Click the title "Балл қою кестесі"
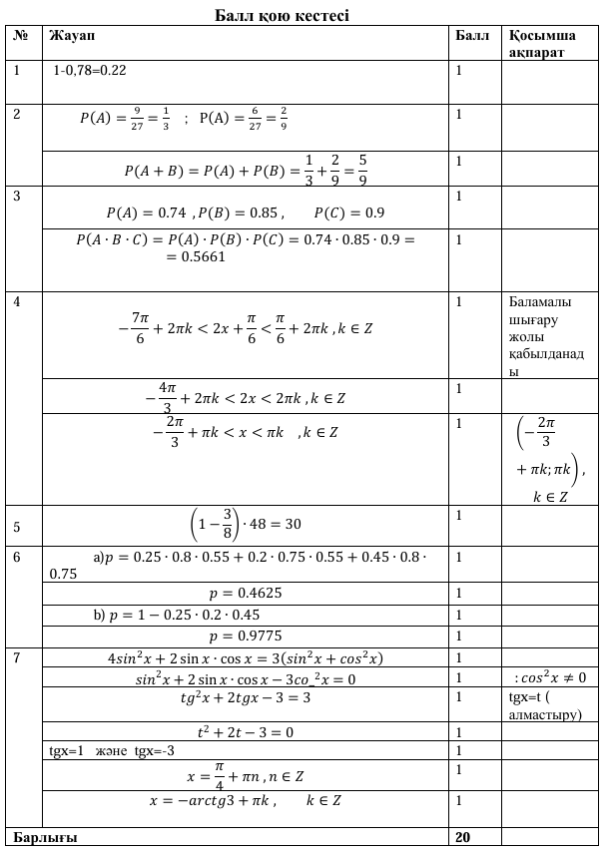coord(283,16)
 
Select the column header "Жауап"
coord(69,35)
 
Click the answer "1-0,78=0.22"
coord(90,72)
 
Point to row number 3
coord(17,196)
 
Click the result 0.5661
coord(190,257)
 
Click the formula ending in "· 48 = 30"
coord(245,523)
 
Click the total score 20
coord(463,836)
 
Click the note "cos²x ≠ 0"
coord(550,678)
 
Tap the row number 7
coord(17,657)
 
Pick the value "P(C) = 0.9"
coord(348,213)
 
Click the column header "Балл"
coord(471,35)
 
